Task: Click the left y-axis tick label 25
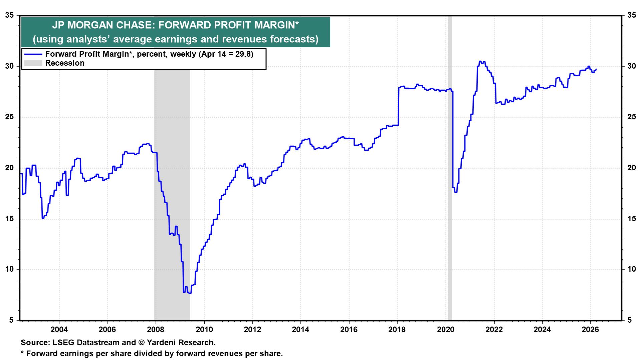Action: [x=10, y=117]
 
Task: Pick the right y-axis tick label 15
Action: [x=631, y=219]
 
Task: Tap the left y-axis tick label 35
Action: [x=10, y=15]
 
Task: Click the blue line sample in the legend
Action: [x=32, y=54]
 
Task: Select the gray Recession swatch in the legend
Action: [x=32, y=63]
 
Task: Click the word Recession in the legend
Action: [x=65, y=63]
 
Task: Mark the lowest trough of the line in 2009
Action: [x=190, y=293]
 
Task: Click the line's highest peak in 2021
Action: [x=480, y=61]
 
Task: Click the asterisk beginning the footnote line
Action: [x=22, y=353]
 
